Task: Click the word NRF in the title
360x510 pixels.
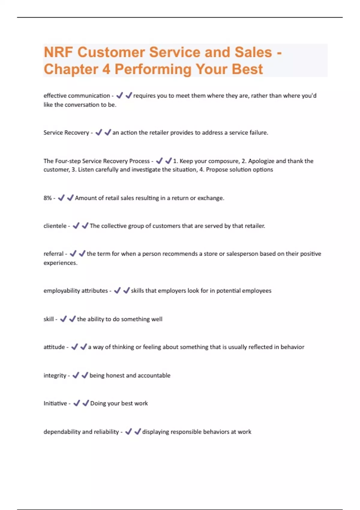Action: [x=58, y=52]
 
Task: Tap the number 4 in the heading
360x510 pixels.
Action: [x=106, y=69]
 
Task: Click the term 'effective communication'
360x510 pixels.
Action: [x=76, y=96]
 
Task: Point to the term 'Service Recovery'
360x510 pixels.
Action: [x=66, y=133]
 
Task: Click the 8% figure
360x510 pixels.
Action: [x=47, y=198]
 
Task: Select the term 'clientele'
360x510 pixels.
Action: [x=55, y=226]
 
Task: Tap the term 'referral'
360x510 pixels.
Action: [x=53, y=254]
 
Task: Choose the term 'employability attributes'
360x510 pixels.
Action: [x=76, y=291]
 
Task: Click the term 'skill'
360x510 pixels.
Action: [x=48, y=319]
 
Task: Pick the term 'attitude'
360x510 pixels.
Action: [x=54, y=347]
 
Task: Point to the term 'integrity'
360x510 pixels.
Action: [x=55, y=376]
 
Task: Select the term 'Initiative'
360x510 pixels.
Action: [x=55, y=403]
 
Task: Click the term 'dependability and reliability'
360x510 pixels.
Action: [x=81, y=432]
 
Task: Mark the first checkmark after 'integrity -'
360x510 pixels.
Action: [x=76, y=375]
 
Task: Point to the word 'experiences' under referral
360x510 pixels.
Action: [x=60, y=263]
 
